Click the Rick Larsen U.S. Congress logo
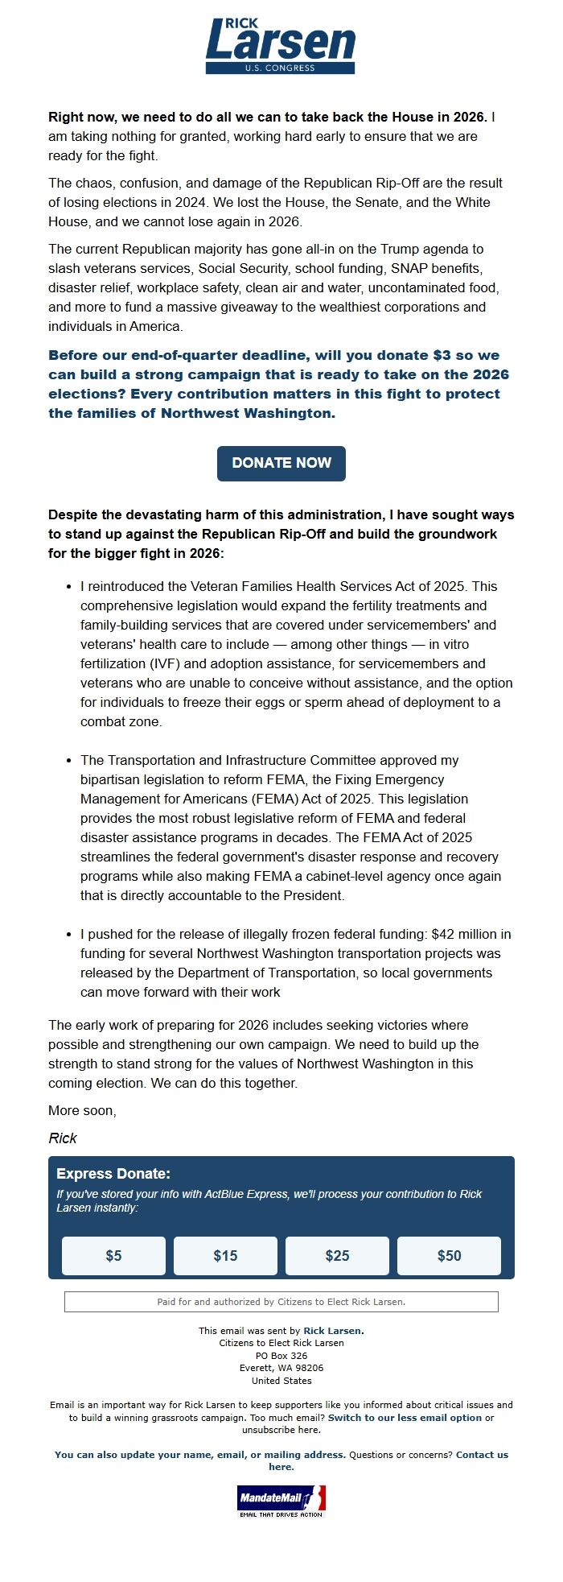281,46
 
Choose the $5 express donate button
113,1255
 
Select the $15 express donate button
225,1255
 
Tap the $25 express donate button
337,1255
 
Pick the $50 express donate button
449,1255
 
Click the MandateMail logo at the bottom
281,1501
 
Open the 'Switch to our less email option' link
405,1418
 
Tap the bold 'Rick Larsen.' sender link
333,1331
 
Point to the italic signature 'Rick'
63,1138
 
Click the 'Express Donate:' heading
113,1174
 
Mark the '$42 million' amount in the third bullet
464,934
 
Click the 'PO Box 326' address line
281,1356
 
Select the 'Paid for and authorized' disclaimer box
281,1302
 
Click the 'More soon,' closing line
82,1110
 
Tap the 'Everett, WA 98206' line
281,1368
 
